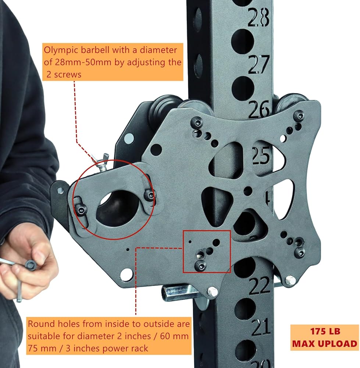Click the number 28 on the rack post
[259, 17]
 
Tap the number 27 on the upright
[259, 65]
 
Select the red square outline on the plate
[207, 252]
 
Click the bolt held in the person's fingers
[31, 265]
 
